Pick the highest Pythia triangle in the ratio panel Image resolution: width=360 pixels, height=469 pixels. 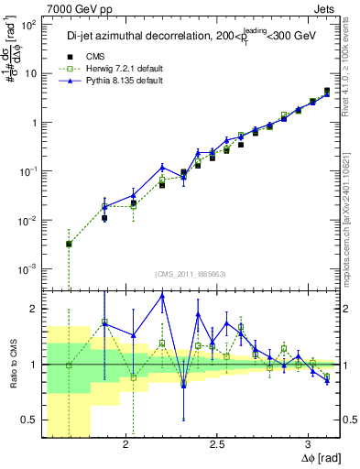pos(162,296)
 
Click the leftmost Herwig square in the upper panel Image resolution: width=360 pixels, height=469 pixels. pos(70,244)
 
